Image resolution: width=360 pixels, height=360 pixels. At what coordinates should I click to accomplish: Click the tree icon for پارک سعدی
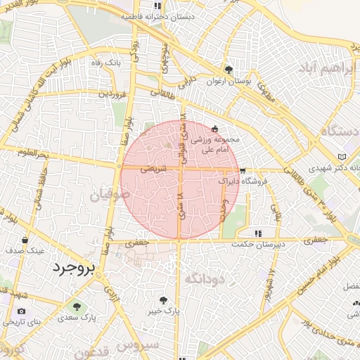77,307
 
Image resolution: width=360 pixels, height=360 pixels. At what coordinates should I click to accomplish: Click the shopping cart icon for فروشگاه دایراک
243,171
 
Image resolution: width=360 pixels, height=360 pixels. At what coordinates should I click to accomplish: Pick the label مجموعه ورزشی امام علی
215,144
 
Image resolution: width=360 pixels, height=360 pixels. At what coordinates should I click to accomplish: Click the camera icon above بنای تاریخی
21,311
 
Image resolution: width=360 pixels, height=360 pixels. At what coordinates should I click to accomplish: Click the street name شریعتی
153,169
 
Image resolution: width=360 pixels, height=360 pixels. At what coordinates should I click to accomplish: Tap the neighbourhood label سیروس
139,346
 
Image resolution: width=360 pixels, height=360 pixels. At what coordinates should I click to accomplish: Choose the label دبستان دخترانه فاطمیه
168,16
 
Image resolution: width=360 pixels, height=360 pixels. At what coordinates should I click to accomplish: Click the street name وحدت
223,209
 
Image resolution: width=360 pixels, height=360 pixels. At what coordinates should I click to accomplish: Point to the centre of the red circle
180,181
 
